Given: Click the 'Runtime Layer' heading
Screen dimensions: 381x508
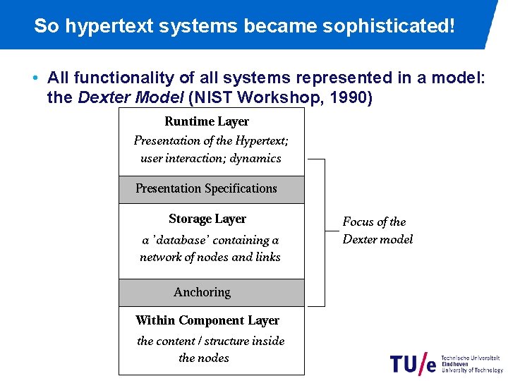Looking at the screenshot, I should coord(207,121).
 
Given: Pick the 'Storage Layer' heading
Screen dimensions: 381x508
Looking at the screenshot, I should coord(207,219).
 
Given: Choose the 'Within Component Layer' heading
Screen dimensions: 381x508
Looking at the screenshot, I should coord(207,320).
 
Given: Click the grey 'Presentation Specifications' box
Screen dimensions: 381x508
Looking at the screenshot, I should coord(211,189).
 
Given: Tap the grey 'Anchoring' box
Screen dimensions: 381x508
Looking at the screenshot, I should coord(211,292).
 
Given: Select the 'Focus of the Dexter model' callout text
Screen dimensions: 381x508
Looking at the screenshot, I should coord(377,231).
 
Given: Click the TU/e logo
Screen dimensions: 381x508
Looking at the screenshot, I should coord(413,363).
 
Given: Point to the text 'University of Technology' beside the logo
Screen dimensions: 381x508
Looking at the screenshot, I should coord(472,370).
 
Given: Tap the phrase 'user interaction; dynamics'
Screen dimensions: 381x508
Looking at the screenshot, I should coord(211,158).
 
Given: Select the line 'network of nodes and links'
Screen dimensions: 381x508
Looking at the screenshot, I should coord(210,257).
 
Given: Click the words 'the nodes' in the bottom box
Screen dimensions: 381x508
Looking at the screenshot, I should coord(204,358).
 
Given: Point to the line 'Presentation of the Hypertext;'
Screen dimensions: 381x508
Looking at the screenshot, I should coord(211,140).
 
